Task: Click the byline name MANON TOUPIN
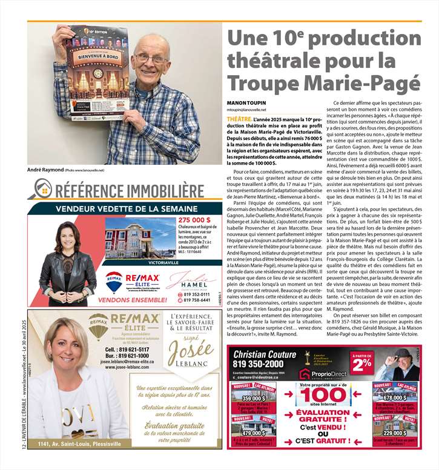pos(245,104)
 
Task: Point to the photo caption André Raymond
pos(45,170)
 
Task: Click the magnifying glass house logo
pos(44,189)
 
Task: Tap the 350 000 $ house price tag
pos(253,398)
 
